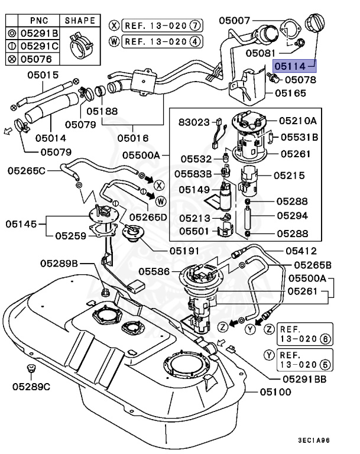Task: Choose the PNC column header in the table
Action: pyautogui.click(x=39, y=20)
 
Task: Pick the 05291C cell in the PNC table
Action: pyautogui.click(x=40, y=46)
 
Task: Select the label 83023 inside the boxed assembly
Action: pyautogui.click(x=194, y=122)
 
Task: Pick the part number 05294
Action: pyautogui.click(x=294, y=216)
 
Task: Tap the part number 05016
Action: pyautogui.click(x=133, y=138)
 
